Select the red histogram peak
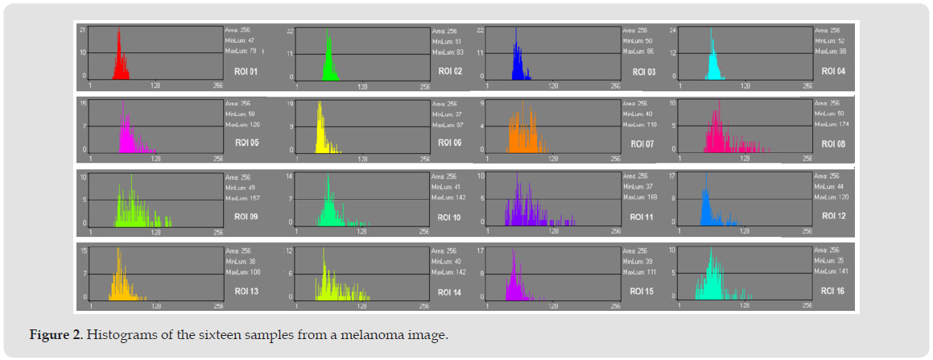coord(119,60)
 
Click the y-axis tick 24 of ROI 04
coord(674,30)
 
